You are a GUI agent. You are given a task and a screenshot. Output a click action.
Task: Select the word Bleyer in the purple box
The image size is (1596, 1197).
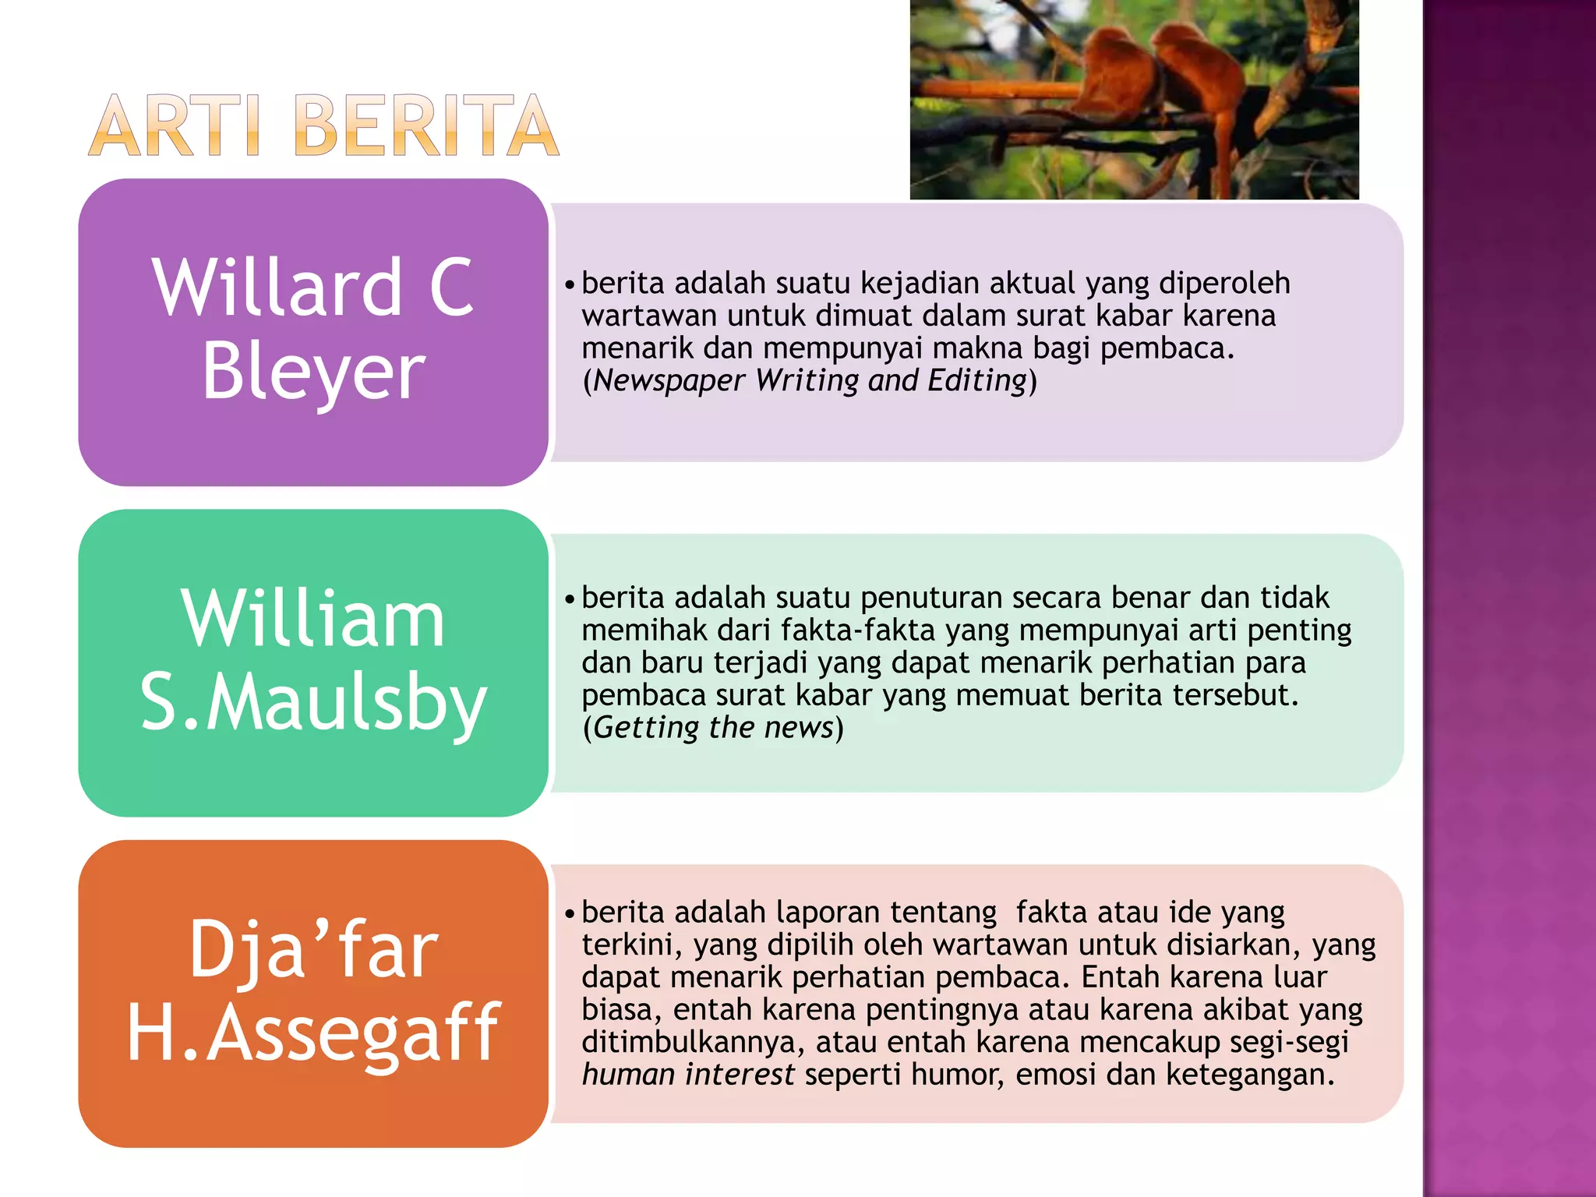point(313,373)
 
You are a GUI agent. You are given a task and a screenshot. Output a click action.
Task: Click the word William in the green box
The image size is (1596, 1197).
point(313,620)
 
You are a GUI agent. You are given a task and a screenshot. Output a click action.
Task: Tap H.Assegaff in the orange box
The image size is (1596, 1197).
point(313,1033)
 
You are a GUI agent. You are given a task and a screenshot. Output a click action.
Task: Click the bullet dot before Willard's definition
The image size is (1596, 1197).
point(570,284)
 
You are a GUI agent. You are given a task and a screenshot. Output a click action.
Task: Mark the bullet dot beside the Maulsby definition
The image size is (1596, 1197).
point(570,599)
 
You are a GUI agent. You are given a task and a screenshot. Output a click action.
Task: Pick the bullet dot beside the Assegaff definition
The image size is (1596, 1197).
point(570,913)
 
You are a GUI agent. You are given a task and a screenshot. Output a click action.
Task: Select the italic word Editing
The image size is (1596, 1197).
point(977,381)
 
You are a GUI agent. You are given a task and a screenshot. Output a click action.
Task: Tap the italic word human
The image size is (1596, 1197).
point(628,1075)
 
